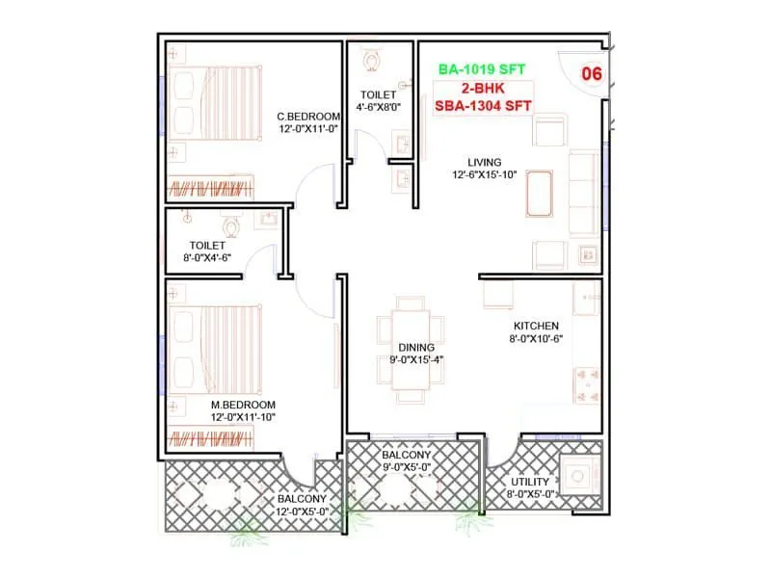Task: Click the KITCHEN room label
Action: pos(536,326)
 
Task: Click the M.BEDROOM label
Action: pos(243,405)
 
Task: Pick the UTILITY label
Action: pos(529,482)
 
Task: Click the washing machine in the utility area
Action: pos(582,475)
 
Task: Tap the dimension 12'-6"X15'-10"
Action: pos(486,175)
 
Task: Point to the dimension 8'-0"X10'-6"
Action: pos(536,339)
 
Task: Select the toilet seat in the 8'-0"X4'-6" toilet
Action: pos(229,226)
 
